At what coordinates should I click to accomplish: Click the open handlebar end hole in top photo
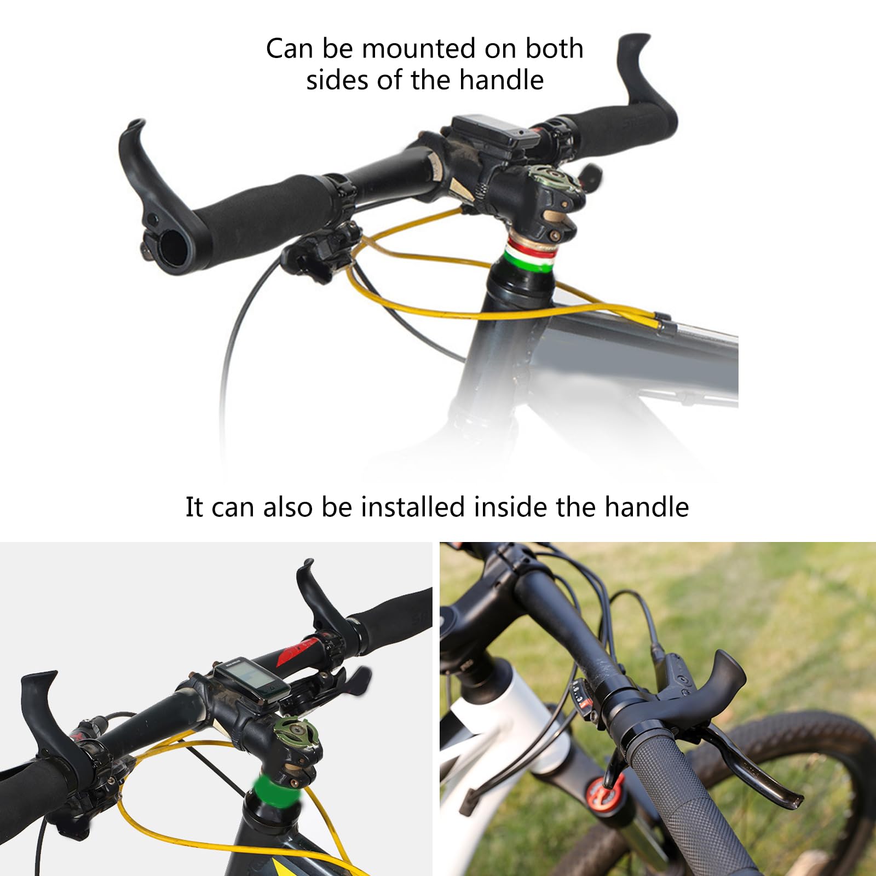click(x=172, y=248)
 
